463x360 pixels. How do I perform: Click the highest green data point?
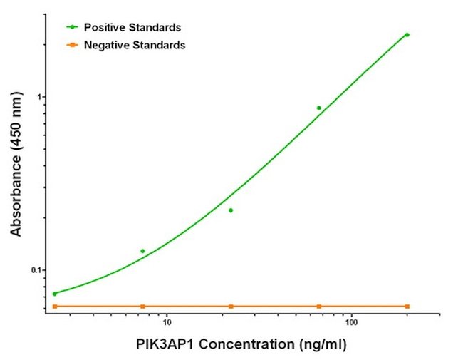click(407, 35)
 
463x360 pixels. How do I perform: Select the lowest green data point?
click(55, 294)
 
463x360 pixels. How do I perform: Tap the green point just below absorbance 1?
click(319, 108)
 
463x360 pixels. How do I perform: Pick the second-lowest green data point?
click(142, 251)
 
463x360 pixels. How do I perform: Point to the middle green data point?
click(231, 210)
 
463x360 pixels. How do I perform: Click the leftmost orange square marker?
click(55, 307)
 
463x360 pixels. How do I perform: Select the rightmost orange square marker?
click(407, 307)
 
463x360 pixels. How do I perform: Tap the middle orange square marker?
click(231, 307)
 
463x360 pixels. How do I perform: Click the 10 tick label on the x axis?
click(167, 322)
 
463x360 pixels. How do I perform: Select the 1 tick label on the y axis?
click(38, 97)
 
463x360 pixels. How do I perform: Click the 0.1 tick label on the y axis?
click(36, 270)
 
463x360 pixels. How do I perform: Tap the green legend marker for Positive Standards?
click(72, 27)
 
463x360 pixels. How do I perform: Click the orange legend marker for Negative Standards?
click(72, 45)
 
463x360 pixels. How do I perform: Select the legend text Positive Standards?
click(132, 27)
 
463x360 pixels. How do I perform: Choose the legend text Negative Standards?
click(135, 45)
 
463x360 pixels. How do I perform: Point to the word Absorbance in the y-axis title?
click(16, 200)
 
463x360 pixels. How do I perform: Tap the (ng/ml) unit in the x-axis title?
click(323, 344)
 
